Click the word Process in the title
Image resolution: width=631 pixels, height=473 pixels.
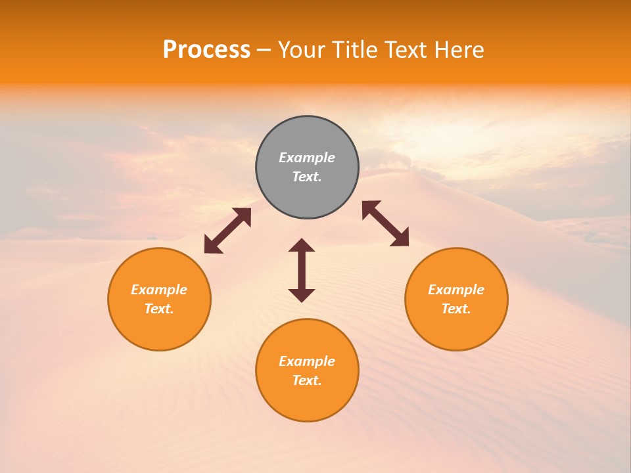206,50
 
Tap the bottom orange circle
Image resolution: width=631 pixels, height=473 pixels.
307,401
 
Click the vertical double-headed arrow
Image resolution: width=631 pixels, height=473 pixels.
302,270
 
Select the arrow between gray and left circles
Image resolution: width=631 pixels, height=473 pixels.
227,231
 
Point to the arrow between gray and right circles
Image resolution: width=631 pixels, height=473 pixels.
386,223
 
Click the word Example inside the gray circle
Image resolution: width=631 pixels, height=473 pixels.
307,158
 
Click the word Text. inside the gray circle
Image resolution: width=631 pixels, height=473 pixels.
307,177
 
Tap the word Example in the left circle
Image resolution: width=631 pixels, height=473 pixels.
159,290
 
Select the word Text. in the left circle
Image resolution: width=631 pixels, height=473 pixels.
159,309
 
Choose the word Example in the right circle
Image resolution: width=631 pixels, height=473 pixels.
456,290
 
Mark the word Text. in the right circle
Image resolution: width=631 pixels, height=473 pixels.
456,309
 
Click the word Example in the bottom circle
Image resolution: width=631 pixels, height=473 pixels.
307,361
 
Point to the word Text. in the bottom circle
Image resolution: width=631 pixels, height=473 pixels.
307,380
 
